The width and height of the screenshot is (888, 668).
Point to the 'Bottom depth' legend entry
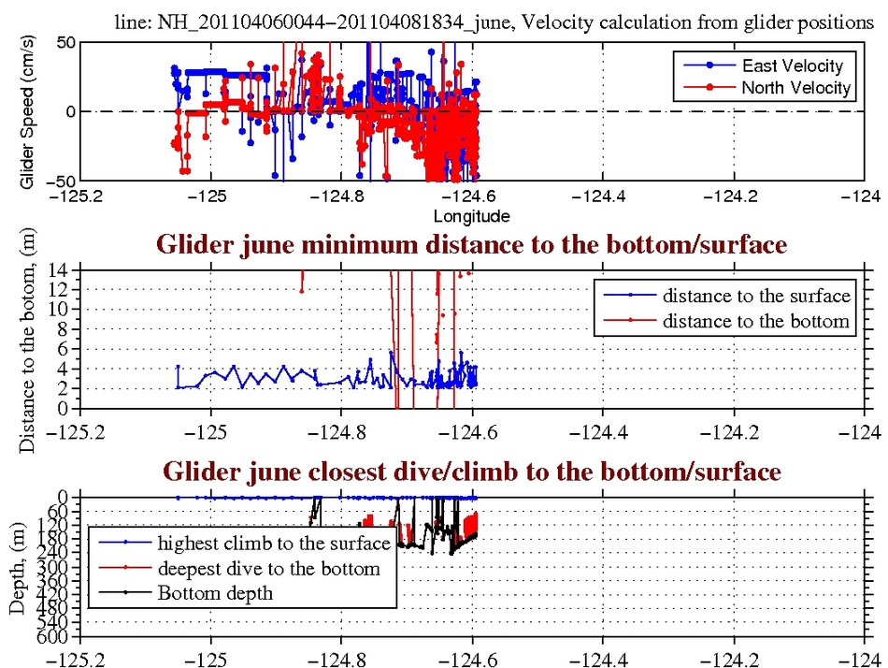(216, 592)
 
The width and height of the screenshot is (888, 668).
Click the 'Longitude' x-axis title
(471, 216)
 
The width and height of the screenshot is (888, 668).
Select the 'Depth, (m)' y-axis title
(17, 567)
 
